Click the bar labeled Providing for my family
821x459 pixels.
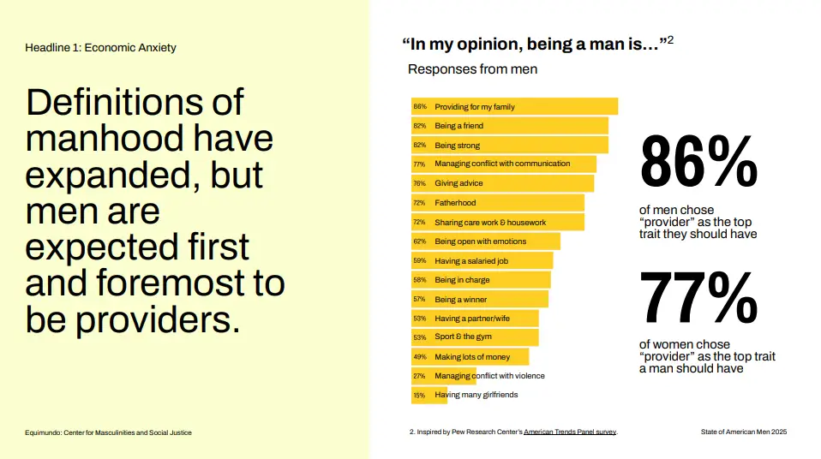click(514, 107)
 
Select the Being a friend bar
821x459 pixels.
click(510, 126)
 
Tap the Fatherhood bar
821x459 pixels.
click(497, 203)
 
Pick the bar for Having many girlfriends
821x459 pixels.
click(429, 395)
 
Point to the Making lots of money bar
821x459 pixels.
click(470, 356)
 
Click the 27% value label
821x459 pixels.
click(419, 376)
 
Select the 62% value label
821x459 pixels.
click(419, 241)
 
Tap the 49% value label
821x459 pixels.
click(419, 356)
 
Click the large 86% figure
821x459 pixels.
click(698, 162)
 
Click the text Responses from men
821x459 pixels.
click(472, 69)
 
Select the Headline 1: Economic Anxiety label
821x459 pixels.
click(100, 47)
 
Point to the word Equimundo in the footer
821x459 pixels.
click(44, 432)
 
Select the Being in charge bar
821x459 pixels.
click(481, 280)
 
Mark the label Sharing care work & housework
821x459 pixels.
click(490, 223)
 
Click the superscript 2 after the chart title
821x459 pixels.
click(670, 39)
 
